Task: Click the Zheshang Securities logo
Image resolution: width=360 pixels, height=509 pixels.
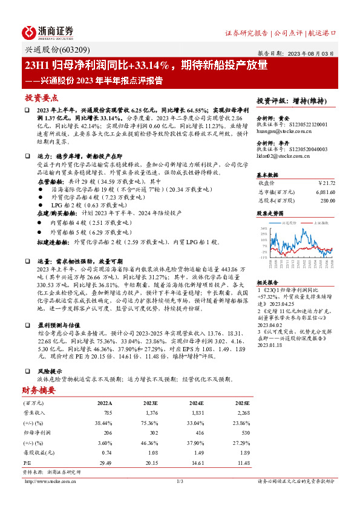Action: tap(48, 31)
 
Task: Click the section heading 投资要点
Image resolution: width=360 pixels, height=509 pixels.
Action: tap(41, 97)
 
